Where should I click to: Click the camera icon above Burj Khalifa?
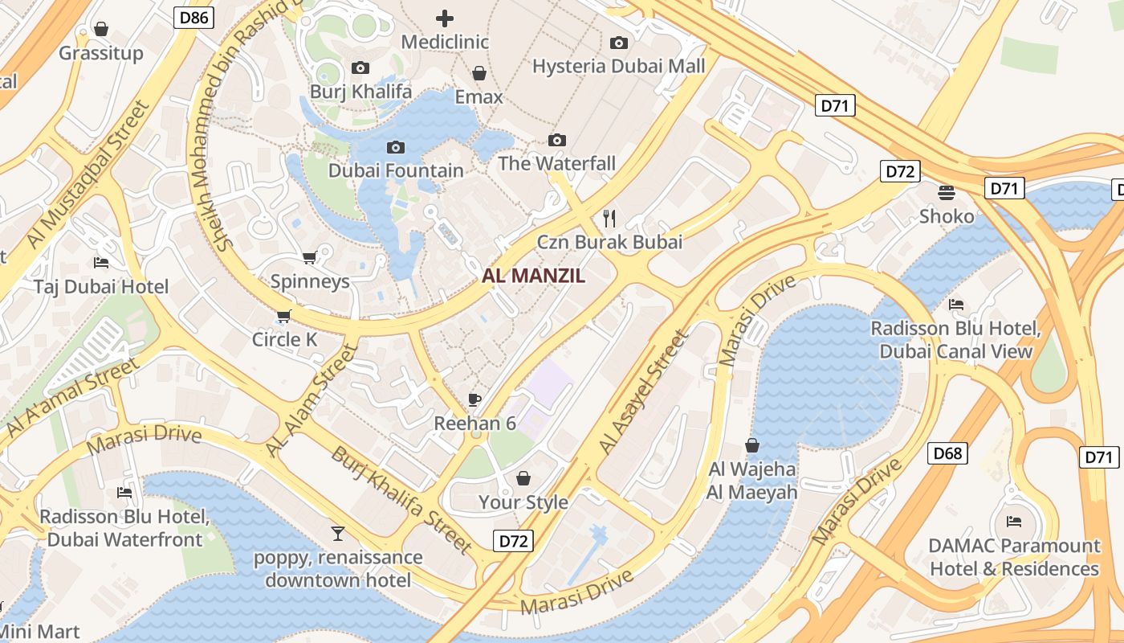pyautogui.click(x=360, y=68)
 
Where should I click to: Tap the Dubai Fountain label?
pyautogui.click(x=396, y=170)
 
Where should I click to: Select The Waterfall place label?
pyautogui.click(x=556, y=163)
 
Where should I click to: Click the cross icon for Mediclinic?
pyautogui.click(x=444, y=18)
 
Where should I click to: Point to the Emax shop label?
pyautogui.click(x=479, y=97)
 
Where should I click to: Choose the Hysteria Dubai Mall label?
pyautogui.click(x=618, y=66)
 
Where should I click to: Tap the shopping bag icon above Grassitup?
pyautogui.click(x=101, y=30)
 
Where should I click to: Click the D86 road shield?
pyautogui.click(x=193, y=17)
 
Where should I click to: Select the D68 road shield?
pyautogui.click(x=947, y=453)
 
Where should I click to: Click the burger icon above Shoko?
pyautogui.click(x=947, y=193)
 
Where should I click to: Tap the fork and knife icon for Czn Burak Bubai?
pyautogui.click(x=609, y=218)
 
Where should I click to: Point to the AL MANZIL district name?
pyautogui.click(x=533, y=276)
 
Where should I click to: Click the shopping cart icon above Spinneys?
pyautogui.click(x=309, y=258)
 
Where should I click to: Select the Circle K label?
pyautogui.click(x=284, y=339)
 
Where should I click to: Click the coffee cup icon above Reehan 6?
pyautogui.click(x=474, y=399)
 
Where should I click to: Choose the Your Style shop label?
pyautogui.click(x=523, y=502)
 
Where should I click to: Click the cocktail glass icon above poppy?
pyautogui.click(x=338, y=533)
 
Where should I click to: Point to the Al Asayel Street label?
pyautogui.click(x=643, y=392)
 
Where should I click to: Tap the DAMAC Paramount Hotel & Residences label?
pyautogui.click(x=1014, y=557)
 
